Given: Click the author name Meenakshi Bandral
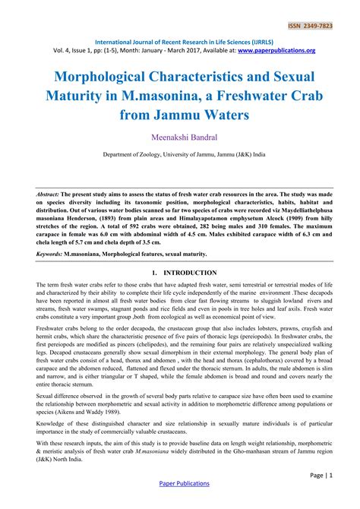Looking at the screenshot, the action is (x=180, y=138).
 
